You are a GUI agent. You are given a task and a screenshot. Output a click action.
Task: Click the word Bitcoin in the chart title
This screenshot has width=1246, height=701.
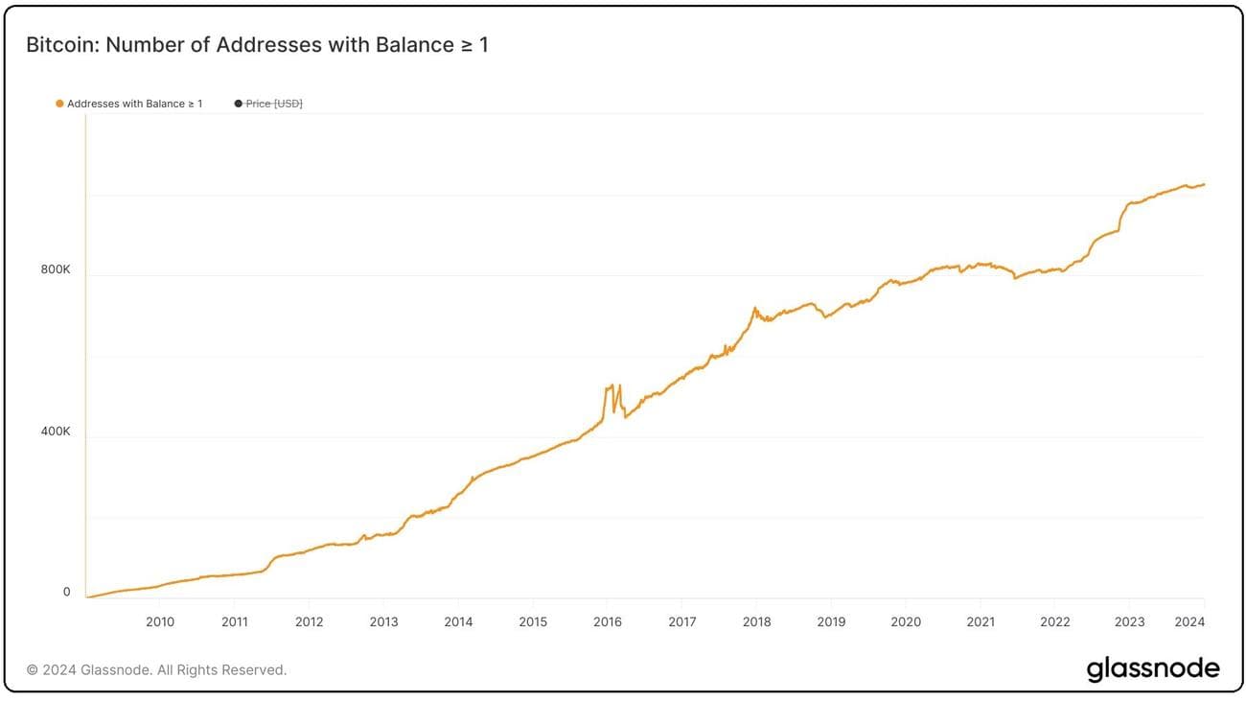(58, 45)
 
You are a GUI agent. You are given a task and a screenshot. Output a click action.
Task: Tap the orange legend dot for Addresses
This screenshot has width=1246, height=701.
(59, 104)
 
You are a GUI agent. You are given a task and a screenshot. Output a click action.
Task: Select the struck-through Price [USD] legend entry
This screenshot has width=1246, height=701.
(274, 104)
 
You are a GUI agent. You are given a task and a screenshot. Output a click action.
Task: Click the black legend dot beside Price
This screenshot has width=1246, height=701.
(238, 104)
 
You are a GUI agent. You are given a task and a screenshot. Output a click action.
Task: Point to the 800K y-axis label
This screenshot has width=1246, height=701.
(56, 269)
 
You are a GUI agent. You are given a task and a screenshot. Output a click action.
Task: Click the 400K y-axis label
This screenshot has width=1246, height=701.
(56, 432)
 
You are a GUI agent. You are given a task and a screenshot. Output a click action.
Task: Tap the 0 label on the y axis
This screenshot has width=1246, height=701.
(66, 592)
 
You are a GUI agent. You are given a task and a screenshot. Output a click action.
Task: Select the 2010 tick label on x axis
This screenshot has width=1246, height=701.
(160, 621)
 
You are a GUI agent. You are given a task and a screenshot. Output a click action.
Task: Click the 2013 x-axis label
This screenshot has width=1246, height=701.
(383, 621)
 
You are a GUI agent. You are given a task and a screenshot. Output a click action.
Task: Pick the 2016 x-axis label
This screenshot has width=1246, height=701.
(608, 621)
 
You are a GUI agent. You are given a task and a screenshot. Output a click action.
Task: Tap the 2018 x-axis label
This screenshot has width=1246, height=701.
(756, 621)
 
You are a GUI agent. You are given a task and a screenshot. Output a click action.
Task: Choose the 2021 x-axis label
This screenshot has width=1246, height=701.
(981, 621)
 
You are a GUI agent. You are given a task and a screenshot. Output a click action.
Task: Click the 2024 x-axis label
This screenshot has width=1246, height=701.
(1189, 621)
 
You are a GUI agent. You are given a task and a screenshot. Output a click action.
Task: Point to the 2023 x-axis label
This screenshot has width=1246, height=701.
(1129, 621)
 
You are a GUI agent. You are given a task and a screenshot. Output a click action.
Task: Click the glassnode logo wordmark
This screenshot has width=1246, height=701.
(1153, 668)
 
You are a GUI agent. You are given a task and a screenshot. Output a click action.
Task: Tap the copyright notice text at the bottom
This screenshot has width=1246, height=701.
(156, 669)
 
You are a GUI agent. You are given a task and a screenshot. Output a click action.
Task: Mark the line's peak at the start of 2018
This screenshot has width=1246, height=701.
(755, 308)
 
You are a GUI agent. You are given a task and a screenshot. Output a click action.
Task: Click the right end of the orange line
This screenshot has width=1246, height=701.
(1204, 184)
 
